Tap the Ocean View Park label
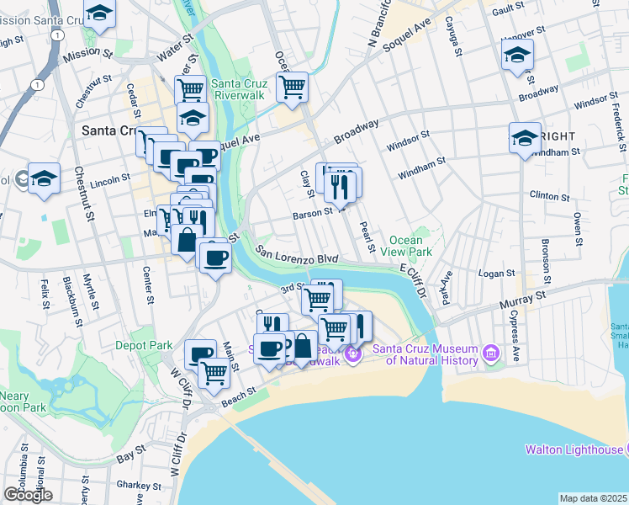405,246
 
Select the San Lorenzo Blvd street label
297,256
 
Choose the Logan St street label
496,274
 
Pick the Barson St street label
313,214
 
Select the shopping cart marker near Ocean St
292,86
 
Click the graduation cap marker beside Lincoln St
44,178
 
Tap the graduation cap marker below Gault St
517,56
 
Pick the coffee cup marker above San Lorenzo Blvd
215,256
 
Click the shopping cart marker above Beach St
214,371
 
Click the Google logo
27,495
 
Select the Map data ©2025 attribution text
593,498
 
